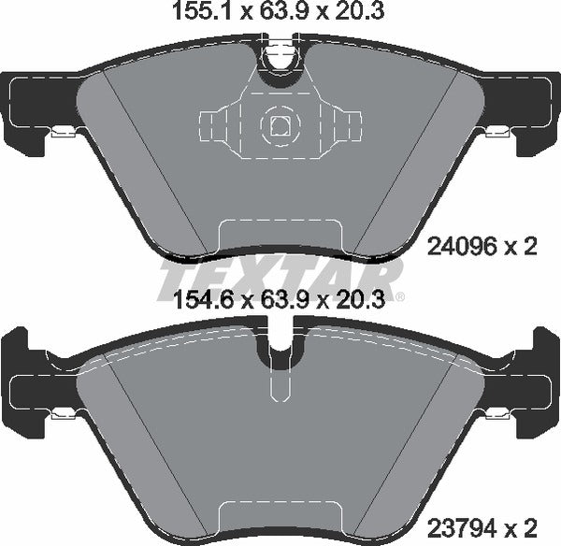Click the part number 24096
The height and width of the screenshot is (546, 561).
pos(454,248)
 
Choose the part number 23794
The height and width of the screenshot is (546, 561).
pos(454,525)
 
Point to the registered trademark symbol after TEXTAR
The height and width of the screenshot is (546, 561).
pos(400,297)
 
